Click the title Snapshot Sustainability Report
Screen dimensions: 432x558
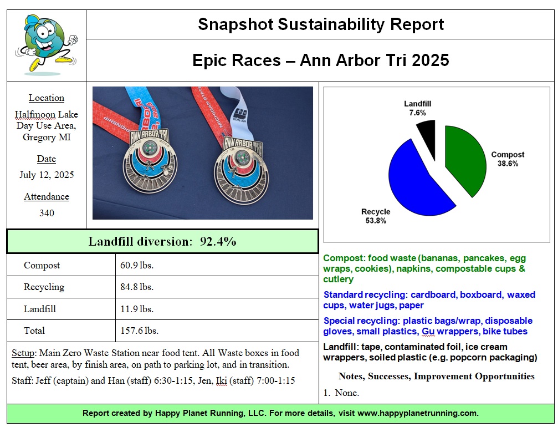click(x=321, y=24)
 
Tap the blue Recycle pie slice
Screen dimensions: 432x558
click(x=418, y=177)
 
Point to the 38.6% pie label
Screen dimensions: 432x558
click(x=508, y=164)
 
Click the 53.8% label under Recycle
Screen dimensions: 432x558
click(x=375, y=221)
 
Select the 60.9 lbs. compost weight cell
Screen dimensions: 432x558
click(x=137, y=265)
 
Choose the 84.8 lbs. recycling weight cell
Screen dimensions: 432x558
click(x=137, y=287)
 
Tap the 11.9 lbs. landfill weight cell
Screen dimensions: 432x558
click(x=137, y=309)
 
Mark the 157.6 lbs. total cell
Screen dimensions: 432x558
click(x=140, y=331)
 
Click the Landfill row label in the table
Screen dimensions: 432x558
click(x=40, y=309)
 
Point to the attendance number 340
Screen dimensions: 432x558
click(x=47, y=213)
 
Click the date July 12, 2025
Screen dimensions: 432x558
click(x=47, y=175)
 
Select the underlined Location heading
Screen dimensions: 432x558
click(x=47, y=98)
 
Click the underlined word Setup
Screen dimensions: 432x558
click(x=23, y=353)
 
